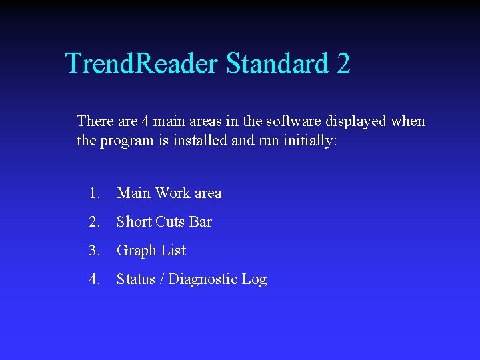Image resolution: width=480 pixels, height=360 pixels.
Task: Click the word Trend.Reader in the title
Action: pos(141,64)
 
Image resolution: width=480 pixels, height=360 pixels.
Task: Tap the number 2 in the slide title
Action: pos(343,64)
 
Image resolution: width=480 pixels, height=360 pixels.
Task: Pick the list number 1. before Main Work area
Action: pos(94,193)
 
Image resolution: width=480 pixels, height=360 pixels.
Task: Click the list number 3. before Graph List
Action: pos(94,251)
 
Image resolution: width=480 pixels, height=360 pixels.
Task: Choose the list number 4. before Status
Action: pos(94,279)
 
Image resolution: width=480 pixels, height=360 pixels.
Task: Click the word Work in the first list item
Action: pos(172,193)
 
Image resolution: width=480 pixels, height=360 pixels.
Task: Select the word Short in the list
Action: pos(134,222)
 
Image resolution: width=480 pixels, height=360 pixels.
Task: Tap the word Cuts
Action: pos(170,222)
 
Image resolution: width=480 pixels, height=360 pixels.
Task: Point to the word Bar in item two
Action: pos(201,222)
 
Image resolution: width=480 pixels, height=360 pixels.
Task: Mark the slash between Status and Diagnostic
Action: pos(162,279)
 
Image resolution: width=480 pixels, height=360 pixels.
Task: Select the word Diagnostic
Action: pos(203,280)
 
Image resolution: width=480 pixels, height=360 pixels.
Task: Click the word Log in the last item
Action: pos(254,280)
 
